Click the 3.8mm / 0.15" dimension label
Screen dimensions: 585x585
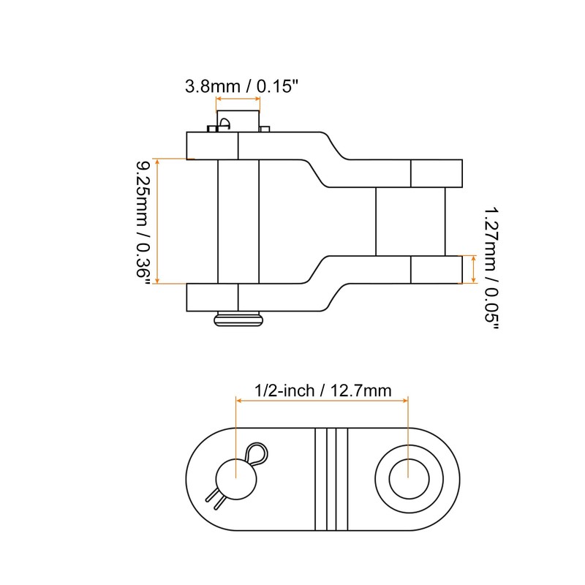pos(241,86)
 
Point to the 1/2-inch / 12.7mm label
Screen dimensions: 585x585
pos(322,391)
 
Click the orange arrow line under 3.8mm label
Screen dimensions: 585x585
pos(237,100)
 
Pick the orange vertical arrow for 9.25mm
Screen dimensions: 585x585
pos(160,220)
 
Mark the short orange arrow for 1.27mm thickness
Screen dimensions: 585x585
pos(476,269)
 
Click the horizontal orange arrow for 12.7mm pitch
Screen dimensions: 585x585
pos(322,399)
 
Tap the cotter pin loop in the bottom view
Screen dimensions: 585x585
pos(257,454)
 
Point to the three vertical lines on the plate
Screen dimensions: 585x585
pos(331,479)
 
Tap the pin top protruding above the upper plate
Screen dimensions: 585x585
pos(238,120)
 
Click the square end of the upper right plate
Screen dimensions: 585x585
pos(436,173)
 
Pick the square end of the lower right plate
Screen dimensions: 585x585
pos(436,269)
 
